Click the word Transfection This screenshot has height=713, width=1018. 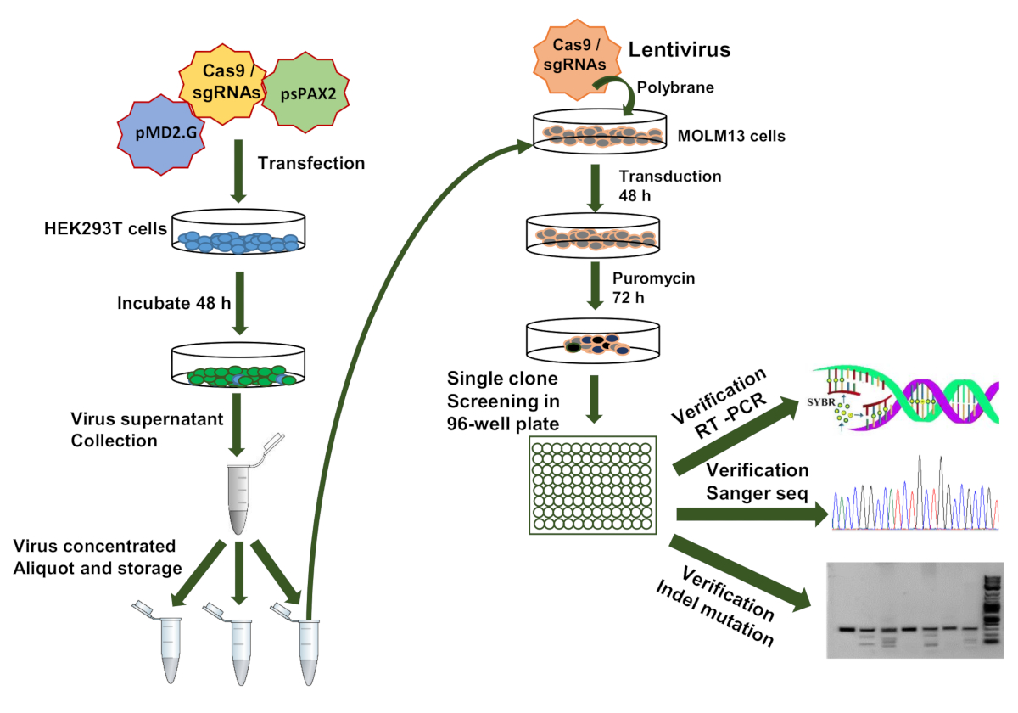[311, 163]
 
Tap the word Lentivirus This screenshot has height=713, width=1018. [680, 49]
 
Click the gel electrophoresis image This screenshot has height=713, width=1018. [915, 609]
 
